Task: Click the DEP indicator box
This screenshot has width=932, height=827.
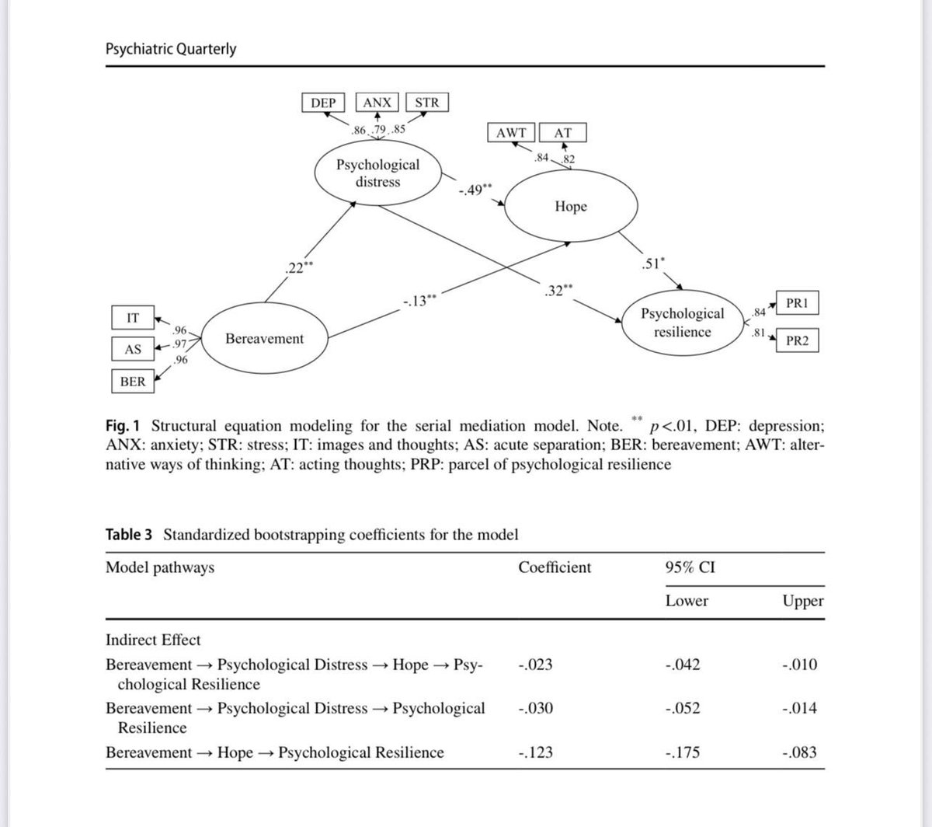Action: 324,103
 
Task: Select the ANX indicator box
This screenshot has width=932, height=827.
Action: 377,103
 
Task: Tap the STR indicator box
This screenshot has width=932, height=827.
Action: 426,103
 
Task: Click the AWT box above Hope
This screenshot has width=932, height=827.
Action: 510,133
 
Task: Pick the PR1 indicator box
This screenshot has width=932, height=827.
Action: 798,303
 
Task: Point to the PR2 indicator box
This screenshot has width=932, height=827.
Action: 798,340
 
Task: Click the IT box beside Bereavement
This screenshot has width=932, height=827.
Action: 133,317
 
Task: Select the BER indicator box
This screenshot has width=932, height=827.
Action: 133,382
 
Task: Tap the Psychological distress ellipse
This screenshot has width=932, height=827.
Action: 377,173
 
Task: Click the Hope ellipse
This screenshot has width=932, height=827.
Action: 571,207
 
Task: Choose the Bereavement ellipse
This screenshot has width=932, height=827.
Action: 265,339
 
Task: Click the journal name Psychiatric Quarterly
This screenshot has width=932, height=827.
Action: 171,49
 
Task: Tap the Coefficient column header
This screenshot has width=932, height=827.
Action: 555,567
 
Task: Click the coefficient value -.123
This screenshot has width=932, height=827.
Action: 534,752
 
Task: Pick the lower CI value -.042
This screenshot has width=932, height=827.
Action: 683,665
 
